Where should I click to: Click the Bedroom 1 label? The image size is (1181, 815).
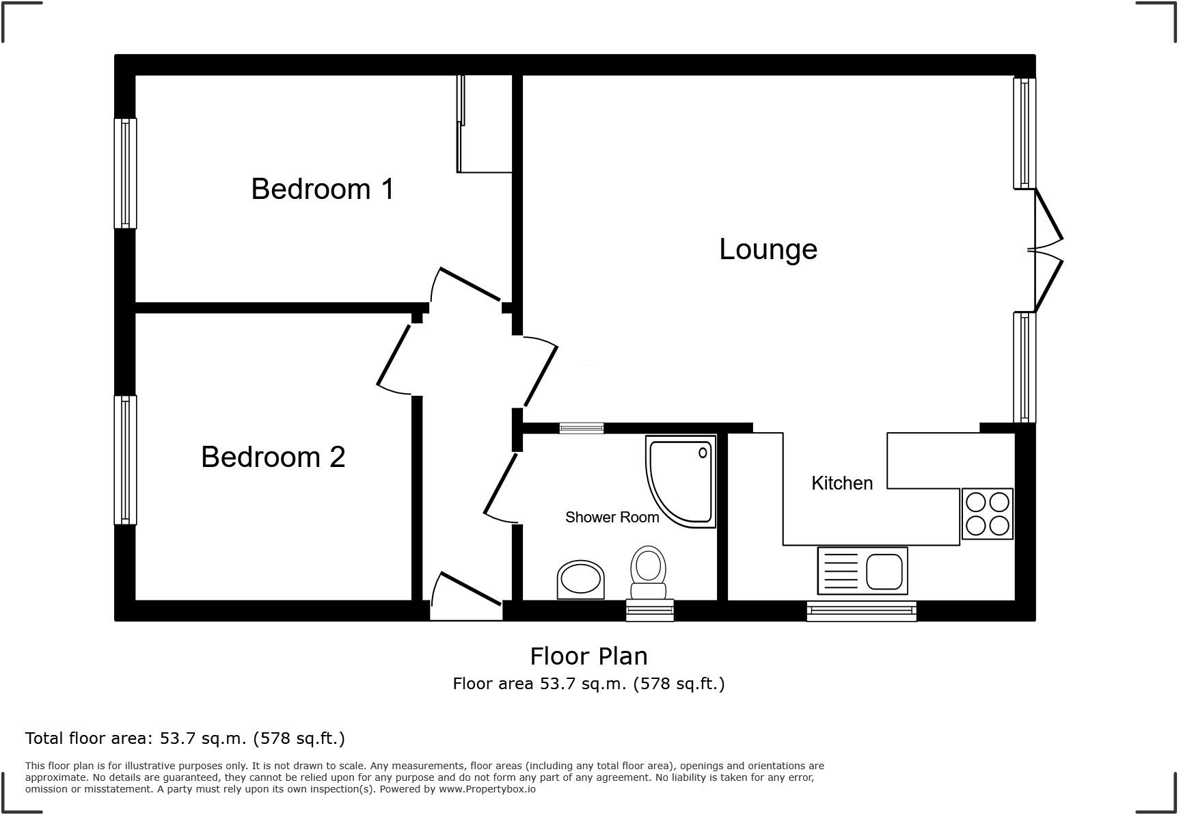pyautogui.click(x=323, y=189)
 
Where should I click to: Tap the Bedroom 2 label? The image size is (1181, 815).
pyautogui.click(x=273, y=457)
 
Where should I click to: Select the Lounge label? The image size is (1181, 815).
pyautogui.click(x=768, y=250)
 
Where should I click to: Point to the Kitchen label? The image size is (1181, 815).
pyautogui.click(x=841, y=483)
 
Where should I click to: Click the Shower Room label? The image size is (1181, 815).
pyautogui.click(x=612, y=518)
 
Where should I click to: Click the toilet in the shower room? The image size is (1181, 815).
pyautogui.click(x=648, y=573)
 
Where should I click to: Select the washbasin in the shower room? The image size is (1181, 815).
pyautogui.click(x=581, y=580)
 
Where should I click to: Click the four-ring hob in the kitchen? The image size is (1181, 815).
pyautogui.click(x=987, y=513)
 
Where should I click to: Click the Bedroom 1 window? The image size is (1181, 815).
pyautogui.click(x=125, y=173)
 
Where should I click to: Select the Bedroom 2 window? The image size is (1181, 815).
pyautogui.click(x=125, y=459)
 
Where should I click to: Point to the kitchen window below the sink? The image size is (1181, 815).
pyautogui.click(x=861, y=611)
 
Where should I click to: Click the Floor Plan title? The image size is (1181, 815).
pyautogui.click(x=588, y=656)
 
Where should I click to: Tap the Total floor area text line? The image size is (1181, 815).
pyautogui.click(x=185, y=738)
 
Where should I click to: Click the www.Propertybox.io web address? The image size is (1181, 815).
pyautogui.click(x=487, y=789)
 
